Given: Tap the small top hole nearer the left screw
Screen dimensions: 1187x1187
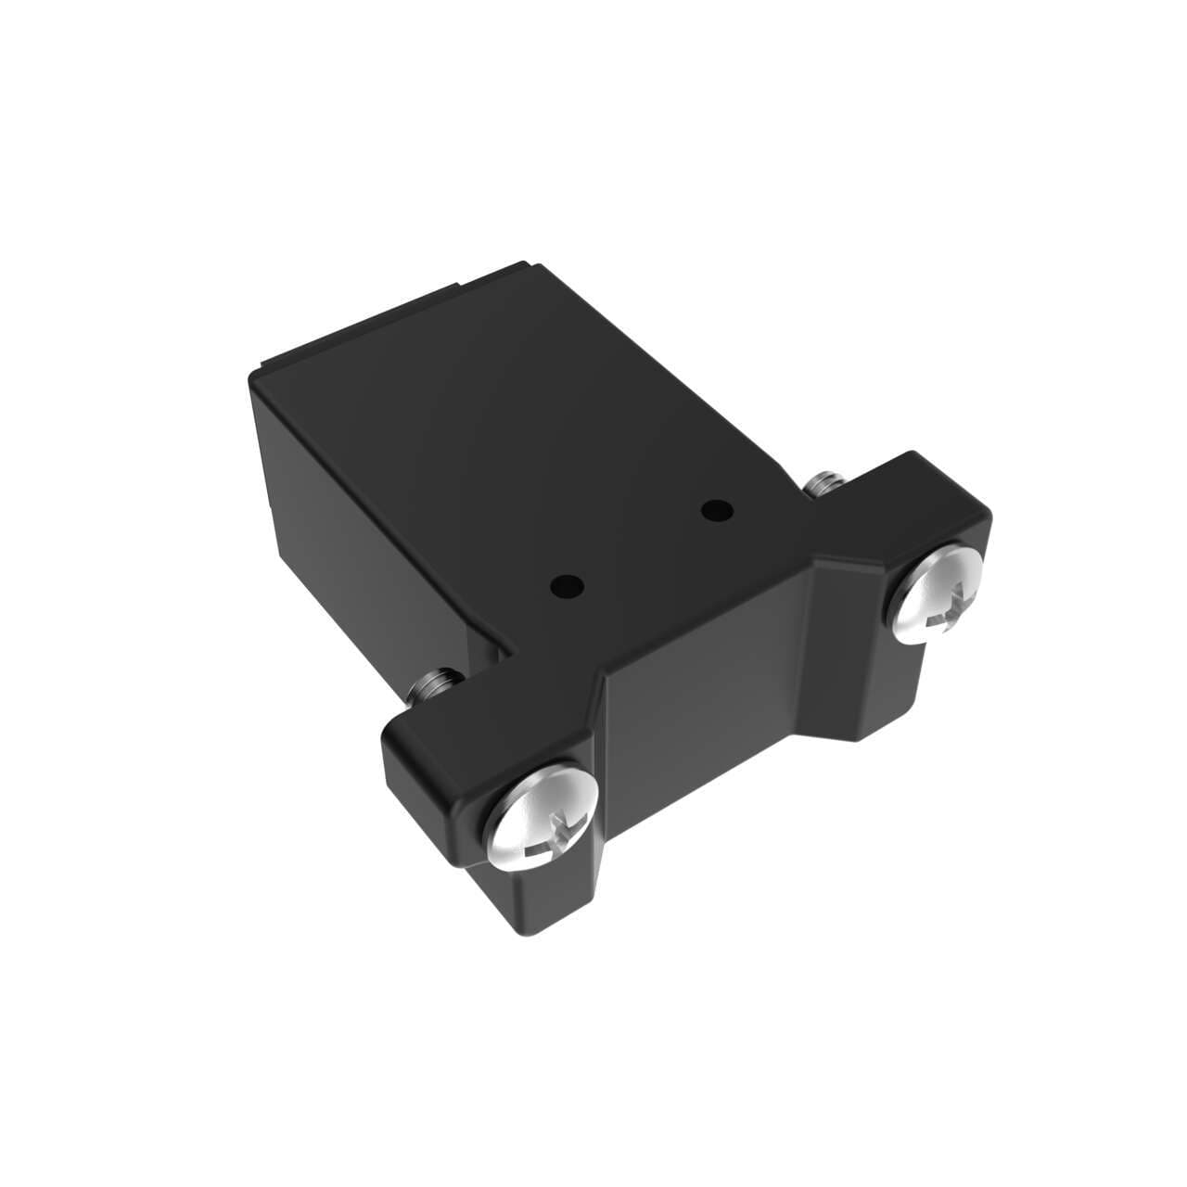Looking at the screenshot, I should [x=566, y=586].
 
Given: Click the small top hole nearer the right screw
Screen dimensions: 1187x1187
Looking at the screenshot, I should [x=715, y=509].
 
